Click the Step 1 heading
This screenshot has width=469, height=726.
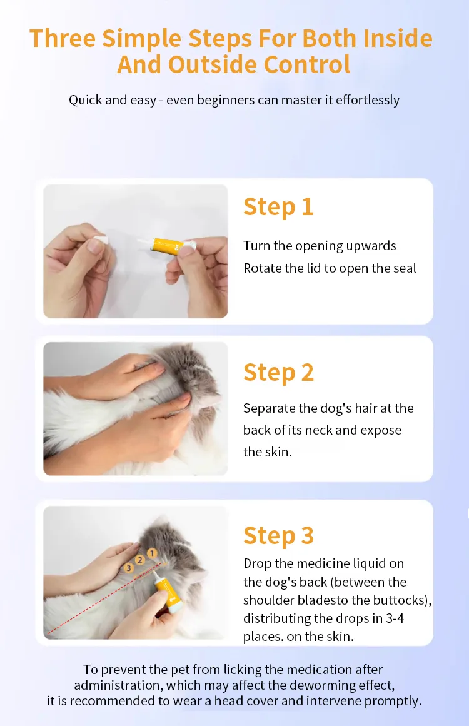coord(278,207)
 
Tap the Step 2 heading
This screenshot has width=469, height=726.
coord(278,372)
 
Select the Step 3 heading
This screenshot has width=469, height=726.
coord(278,536)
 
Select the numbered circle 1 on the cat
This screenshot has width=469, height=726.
coord(151,553)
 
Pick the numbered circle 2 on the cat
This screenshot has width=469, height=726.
coord(140,560)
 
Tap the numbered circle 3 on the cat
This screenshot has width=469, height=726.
coord(129,568)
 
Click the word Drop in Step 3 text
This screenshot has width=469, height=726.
coord(257,563)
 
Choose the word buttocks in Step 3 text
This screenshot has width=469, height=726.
coord(403,600)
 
